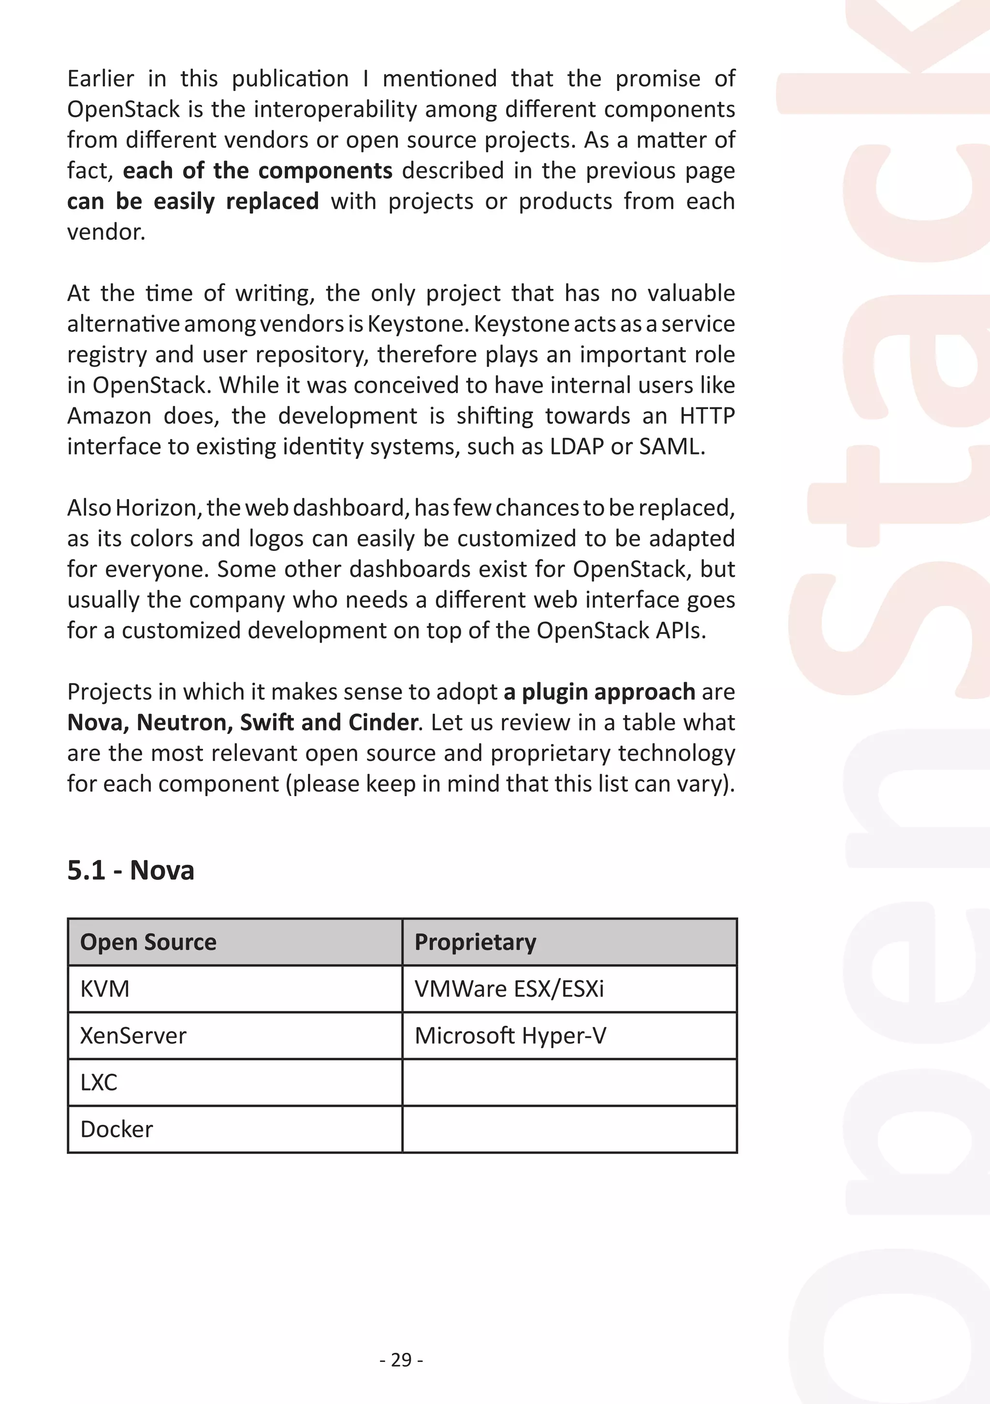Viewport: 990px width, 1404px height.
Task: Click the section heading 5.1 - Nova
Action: [131, 870]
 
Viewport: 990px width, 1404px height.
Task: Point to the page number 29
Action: [401, 1360]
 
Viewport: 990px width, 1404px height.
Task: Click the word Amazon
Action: [109, 416]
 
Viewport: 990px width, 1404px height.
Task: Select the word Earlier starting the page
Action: [101, 79]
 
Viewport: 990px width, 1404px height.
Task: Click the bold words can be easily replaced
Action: [193, 201]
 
